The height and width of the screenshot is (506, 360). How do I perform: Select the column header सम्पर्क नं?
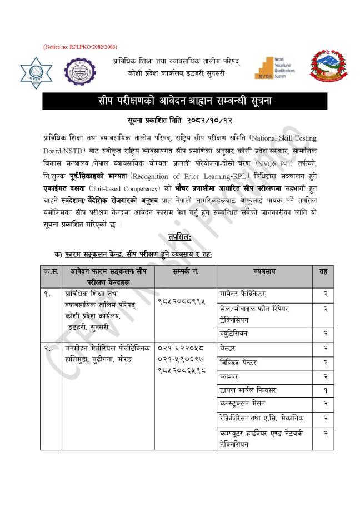click(187, 271)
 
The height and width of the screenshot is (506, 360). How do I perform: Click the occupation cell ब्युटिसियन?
click(237, 333)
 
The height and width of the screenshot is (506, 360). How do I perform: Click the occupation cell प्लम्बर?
click(231, 376)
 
